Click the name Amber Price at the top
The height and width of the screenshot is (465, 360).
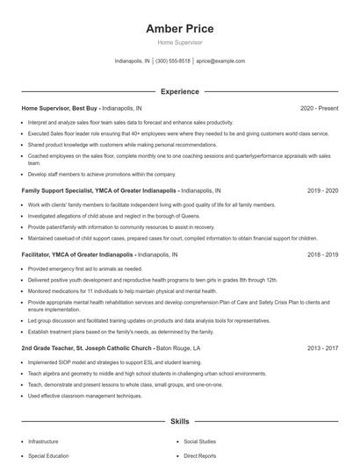[x=179, y=29]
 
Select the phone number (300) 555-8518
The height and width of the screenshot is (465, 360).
[x=173, y=61]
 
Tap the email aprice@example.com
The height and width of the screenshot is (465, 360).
[x=220, y=61]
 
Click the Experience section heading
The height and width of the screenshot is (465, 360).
[x=179, y=91]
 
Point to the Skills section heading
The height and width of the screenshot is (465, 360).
[x=179, y=421]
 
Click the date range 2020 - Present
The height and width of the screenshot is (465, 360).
[x=319, y=108]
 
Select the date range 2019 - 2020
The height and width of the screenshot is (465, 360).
[x=322, y=190]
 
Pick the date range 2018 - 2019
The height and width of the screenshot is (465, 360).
[x=322, y=254]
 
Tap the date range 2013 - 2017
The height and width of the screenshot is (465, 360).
[x=322, y=347]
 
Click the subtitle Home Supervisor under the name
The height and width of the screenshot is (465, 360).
[x=179, y=42]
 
